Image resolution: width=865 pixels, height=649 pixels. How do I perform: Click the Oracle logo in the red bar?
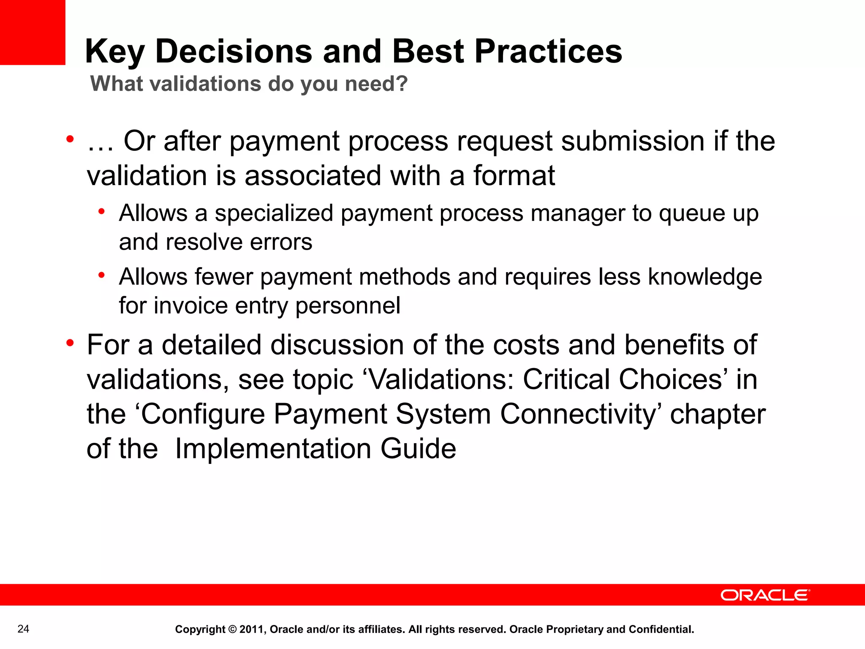tap(765, 595)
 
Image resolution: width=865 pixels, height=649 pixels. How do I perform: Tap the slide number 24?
tap(23, 629)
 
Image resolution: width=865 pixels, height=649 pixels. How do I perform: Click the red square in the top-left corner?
tap(32, 32)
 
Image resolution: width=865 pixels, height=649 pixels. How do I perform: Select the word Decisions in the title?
tap(234, 52)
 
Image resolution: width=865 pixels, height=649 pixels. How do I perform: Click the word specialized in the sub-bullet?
tap(274, 214)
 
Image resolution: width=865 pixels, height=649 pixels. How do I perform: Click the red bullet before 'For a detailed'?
tap(70, 343)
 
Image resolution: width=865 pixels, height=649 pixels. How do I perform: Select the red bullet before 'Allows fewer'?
tap(101, 275)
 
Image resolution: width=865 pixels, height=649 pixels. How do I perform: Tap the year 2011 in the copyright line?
tap(251, 630)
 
